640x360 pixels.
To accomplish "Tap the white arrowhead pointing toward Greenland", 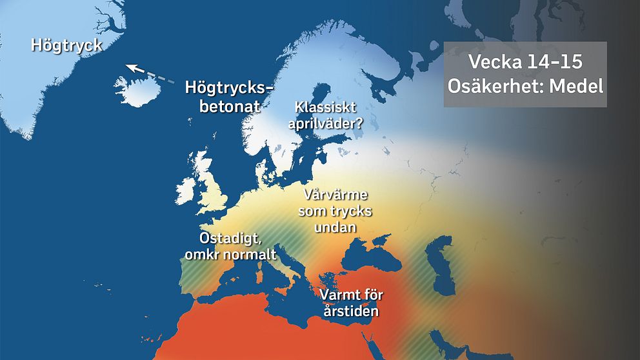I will coord(130,67).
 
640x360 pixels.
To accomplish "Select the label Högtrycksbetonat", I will coord(229,96).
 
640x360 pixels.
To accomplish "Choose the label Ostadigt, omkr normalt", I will coord(230,246).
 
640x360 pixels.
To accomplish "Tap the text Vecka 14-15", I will coord(525,62).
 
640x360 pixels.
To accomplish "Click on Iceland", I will coord(139,91).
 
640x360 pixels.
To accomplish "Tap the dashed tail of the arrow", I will coord(158,79).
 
